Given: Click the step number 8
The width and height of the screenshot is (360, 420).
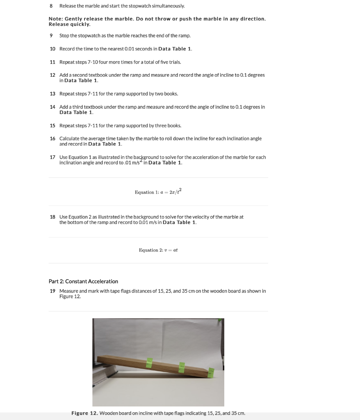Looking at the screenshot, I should pos(51,6).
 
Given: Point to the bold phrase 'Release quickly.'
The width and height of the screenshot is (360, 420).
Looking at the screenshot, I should pos(69,25).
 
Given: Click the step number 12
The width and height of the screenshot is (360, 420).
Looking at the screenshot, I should pos(52,75).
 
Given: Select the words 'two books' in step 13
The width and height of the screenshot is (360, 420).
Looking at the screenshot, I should pos(168,94).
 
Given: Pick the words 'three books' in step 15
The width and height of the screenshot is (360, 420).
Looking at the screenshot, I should pos(170,126).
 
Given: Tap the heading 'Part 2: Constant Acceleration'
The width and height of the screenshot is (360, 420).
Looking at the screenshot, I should pos(83,281).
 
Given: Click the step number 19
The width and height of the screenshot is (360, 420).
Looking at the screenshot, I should pos(52,291).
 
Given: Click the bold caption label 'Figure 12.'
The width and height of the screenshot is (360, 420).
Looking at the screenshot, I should pos(84,413).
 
